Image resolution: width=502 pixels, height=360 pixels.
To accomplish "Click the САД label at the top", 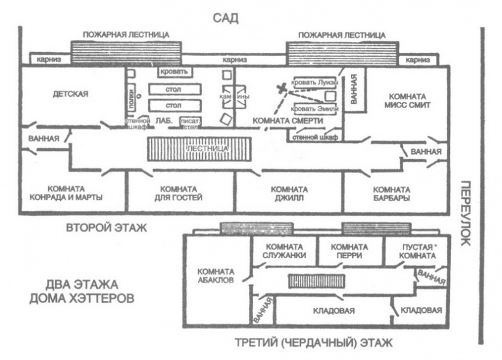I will click(x=226, y=17).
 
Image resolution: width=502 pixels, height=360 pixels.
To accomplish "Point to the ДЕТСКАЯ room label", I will click(x=71, y=95).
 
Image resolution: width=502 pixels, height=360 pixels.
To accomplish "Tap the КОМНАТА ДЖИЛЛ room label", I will click(x=289, y=193).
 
